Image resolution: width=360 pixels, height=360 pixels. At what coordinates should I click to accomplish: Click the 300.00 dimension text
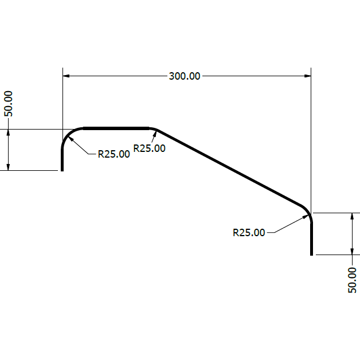(x=185, y=76)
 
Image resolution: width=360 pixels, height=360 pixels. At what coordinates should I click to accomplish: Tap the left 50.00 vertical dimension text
(x=8, y=103)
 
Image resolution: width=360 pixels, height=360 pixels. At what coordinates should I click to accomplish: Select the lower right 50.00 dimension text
(x=352, y=280)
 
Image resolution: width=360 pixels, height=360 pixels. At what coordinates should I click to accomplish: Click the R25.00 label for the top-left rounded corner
(x=114, y=154)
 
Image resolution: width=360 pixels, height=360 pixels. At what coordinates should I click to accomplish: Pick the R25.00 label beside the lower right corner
(x=249, y=232)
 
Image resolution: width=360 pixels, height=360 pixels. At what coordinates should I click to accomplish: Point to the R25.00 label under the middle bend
(x=149, y=148)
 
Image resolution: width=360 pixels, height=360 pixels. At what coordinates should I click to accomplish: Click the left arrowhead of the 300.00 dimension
(x=66, y=76)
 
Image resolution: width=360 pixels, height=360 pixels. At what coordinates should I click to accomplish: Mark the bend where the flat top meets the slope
(x=154, y=129)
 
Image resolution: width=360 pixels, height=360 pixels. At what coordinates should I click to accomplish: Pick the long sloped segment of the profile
(x=229, y=167)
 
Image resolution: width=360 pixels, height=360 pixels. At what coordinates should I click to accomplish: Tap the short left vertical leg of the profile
(x=62, y=159)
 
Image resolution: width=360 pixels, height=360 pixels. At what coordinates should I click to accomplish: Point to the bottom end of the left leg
(x=62, y=170)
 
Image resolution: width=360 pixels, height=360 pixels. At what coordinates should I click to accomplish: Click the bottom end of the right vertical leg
(x=311, y=253)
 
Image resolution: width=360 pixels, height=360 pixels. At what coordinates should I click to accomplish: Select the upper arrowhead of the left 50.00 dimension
(x=9, y=132)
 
